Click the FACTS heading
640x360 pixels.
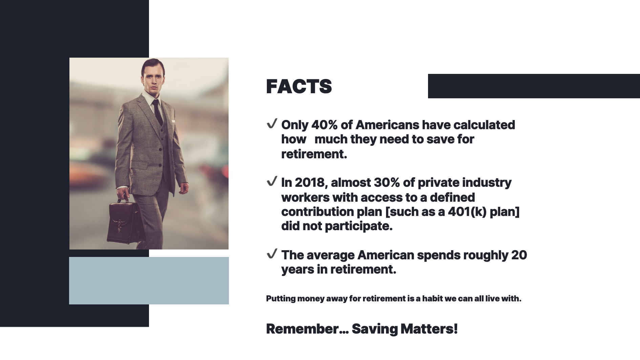click(299, 86)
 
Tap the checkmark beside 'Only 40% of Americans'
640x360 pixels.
click(272, 124)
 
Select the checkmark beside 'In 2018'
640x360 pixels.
click(272, 181)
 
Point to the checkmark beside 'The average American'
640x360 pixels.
click(272, 254)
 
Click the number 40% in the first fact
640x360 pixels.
click(324, 125)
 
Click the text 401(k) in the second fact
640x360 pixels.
click(467, 212)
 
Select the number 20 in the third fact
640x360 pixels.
click(519, 255)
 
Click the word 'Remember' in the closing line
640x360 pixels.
click(302, 329)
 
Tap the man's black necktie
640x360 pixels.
click(157, 112)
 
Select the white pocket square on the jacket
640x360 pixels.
click(173, 121)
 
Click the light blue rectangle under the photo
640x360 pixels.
click(149, 281)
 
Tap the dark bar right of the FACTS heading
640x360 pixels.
click(534, 86)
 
